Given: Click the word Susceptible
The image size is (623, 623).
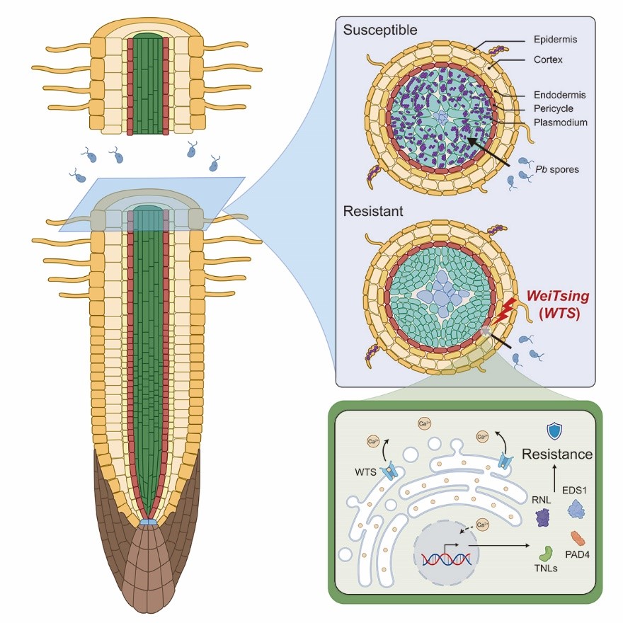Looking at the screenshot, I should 380,30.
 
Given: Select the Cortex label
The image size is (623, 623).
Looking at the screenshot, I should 549,59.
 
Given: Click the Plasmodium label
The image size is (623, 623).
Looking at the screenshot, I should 562,122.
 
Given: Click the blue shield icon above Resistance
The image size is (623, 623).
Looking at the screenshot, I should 554,432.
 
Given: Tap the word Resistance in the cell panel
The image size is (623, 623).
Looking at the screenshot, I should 556,454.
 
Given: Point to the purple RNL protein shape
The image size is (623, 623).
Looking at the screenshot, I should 543,518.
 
